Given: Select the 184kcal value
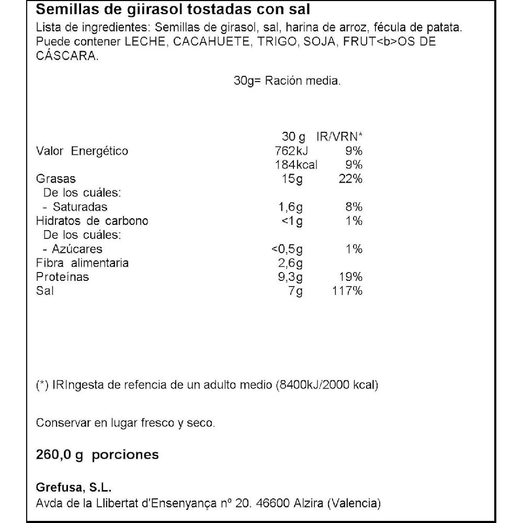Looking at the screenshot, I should (x=296, y=165).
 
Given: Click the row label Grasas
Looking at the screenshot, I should (x=55, y=179).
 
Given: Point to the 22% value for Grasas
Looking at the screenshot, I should (x=348, y=179).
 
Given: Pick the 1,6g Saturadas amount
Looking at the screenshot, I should (x=290, y=207).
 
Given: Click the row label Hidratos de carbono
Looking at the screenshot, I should (x=92, y=221).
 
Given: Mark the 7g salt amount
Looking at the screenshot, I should (x=295, y=291).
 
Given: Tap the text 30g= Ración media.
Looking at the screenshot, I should (x=287, y=81).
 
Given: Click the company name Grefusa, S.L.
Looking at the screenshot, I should (x=74, y=488).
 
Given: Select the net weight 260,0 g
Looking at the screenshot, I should (x=60, y=454).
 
